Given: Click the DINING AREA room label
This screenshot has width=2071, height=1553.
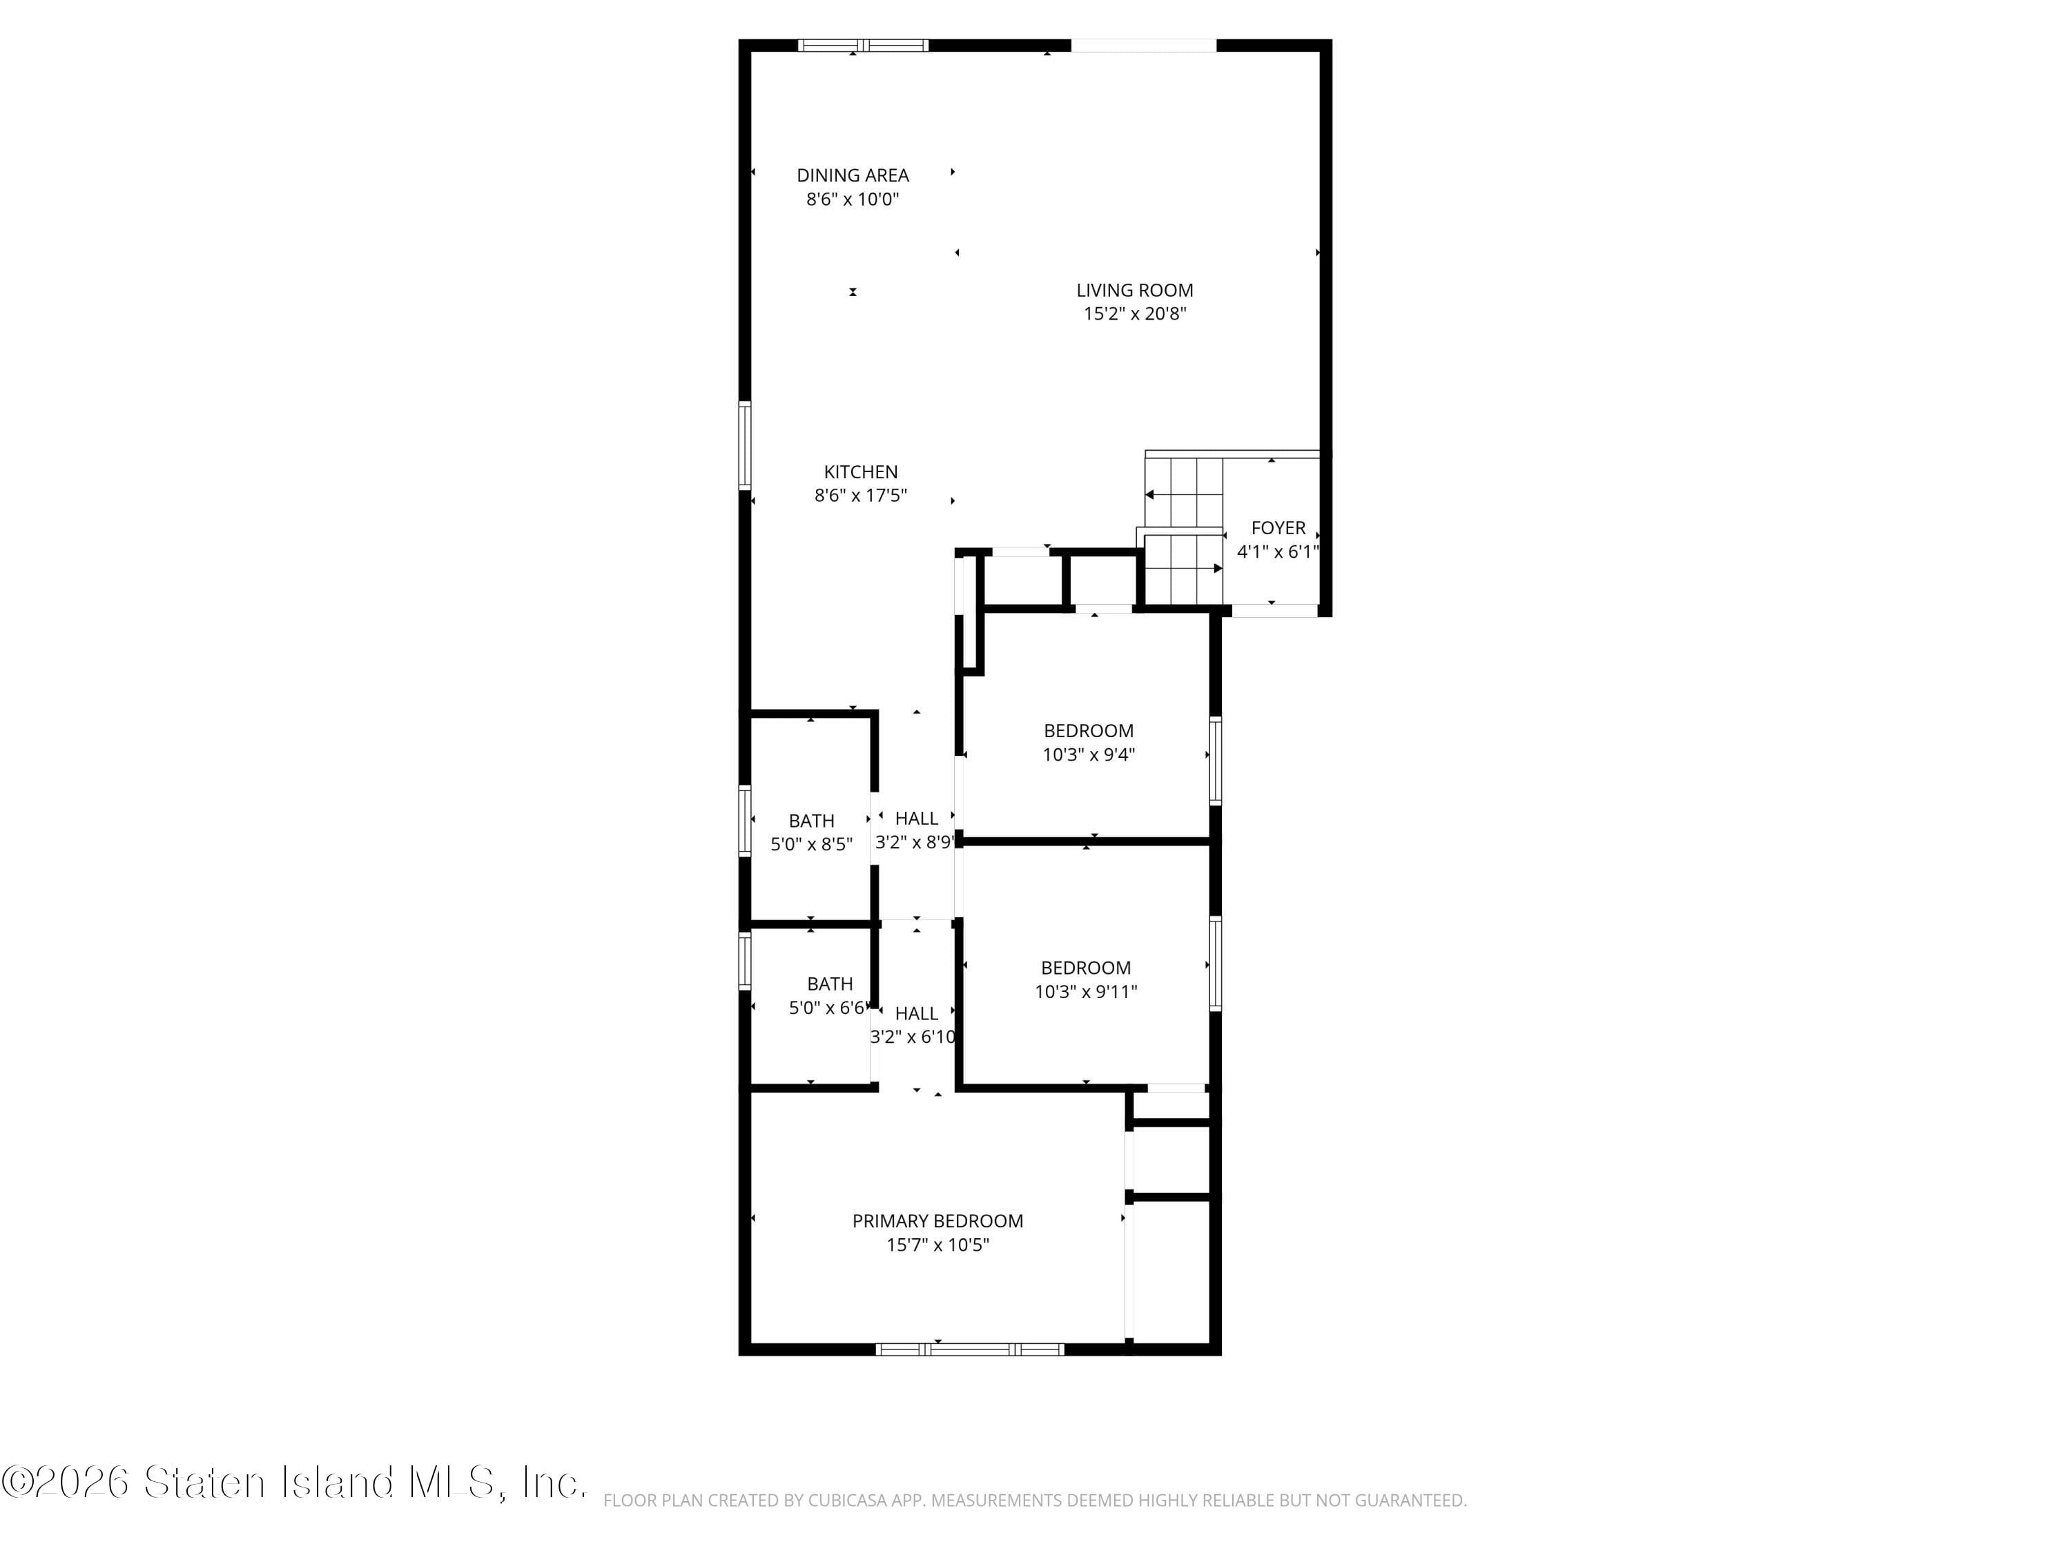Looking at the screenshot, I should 852,175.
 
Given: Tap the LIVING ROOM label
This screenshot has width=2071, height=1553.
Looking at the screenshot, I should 1134,290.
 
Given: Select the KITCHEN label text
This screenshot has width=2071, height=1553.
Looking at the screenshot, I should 860,472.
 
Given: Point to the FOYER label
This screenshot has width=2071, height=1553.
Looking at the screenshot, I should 1278,528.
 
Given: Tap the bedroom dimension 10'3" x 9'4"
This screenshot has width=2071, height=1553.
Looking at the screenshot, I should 1088,754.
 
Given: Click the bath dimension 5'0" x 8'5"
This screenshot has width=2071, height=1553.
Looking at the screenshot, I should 811,844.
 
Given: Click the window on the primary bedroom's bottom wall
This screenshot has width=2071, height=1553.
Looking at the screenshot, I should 969,1349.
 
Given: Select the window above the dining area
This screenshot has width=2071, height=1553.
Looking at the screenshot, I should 862,45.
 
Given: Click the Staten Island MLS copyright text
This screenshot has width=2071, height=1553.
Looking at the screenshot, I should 294,1482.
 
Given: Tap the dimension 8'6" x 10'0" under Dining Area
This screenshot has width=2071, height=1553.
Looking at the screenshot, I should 852,199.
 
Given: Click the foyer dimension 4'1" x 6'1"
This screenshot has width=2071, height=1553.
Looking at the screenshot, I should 1277,552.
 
